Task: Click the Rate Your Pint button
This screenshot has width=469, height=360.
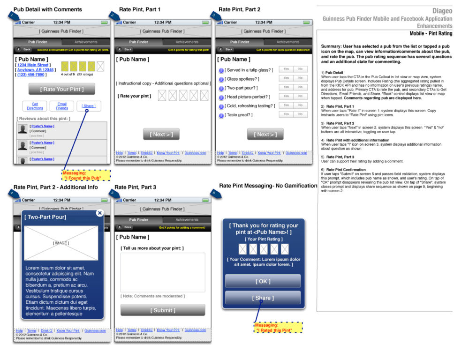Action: [x=61, y=89]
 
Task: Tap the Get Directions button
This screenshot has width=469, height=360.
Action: [x=35, y=106]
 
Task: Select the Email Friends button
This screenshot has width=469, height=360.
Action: [x=62, y=106]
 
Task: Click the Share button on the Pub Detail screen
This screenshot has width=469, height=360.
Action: [x=89, y=106]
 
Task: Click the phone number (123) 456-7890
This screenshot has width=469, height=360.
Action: [x=32, y=75]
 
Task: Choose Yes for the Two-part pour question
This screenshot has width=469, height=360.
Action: [x=286, y=87]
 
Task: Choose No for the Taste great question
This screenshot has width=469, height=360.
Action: [x=300, y=114]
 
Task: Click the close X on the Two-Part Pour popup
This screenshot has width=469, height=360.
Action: [x=99, y=213]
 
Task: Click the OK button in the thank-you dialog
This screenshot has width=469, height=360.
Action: [x=263, y=281]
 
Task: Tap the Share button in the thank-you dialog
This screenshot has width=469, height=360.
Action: [x=263, y=298]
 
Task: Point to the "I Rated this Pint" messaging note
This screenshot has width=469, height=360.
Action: [x=278, y=328]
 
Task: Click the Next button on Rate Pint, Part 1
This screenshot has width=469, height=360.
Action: [x=161, y=135]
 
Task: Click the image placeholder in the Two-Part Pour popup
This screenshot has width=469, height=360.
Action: [x=61, y=243]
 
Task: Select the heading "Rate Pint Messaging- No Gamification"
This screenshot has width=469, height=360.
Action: [x=268, y=186]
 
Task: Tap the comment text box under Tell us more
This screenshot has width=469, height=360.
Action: [x=163, y=272]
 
